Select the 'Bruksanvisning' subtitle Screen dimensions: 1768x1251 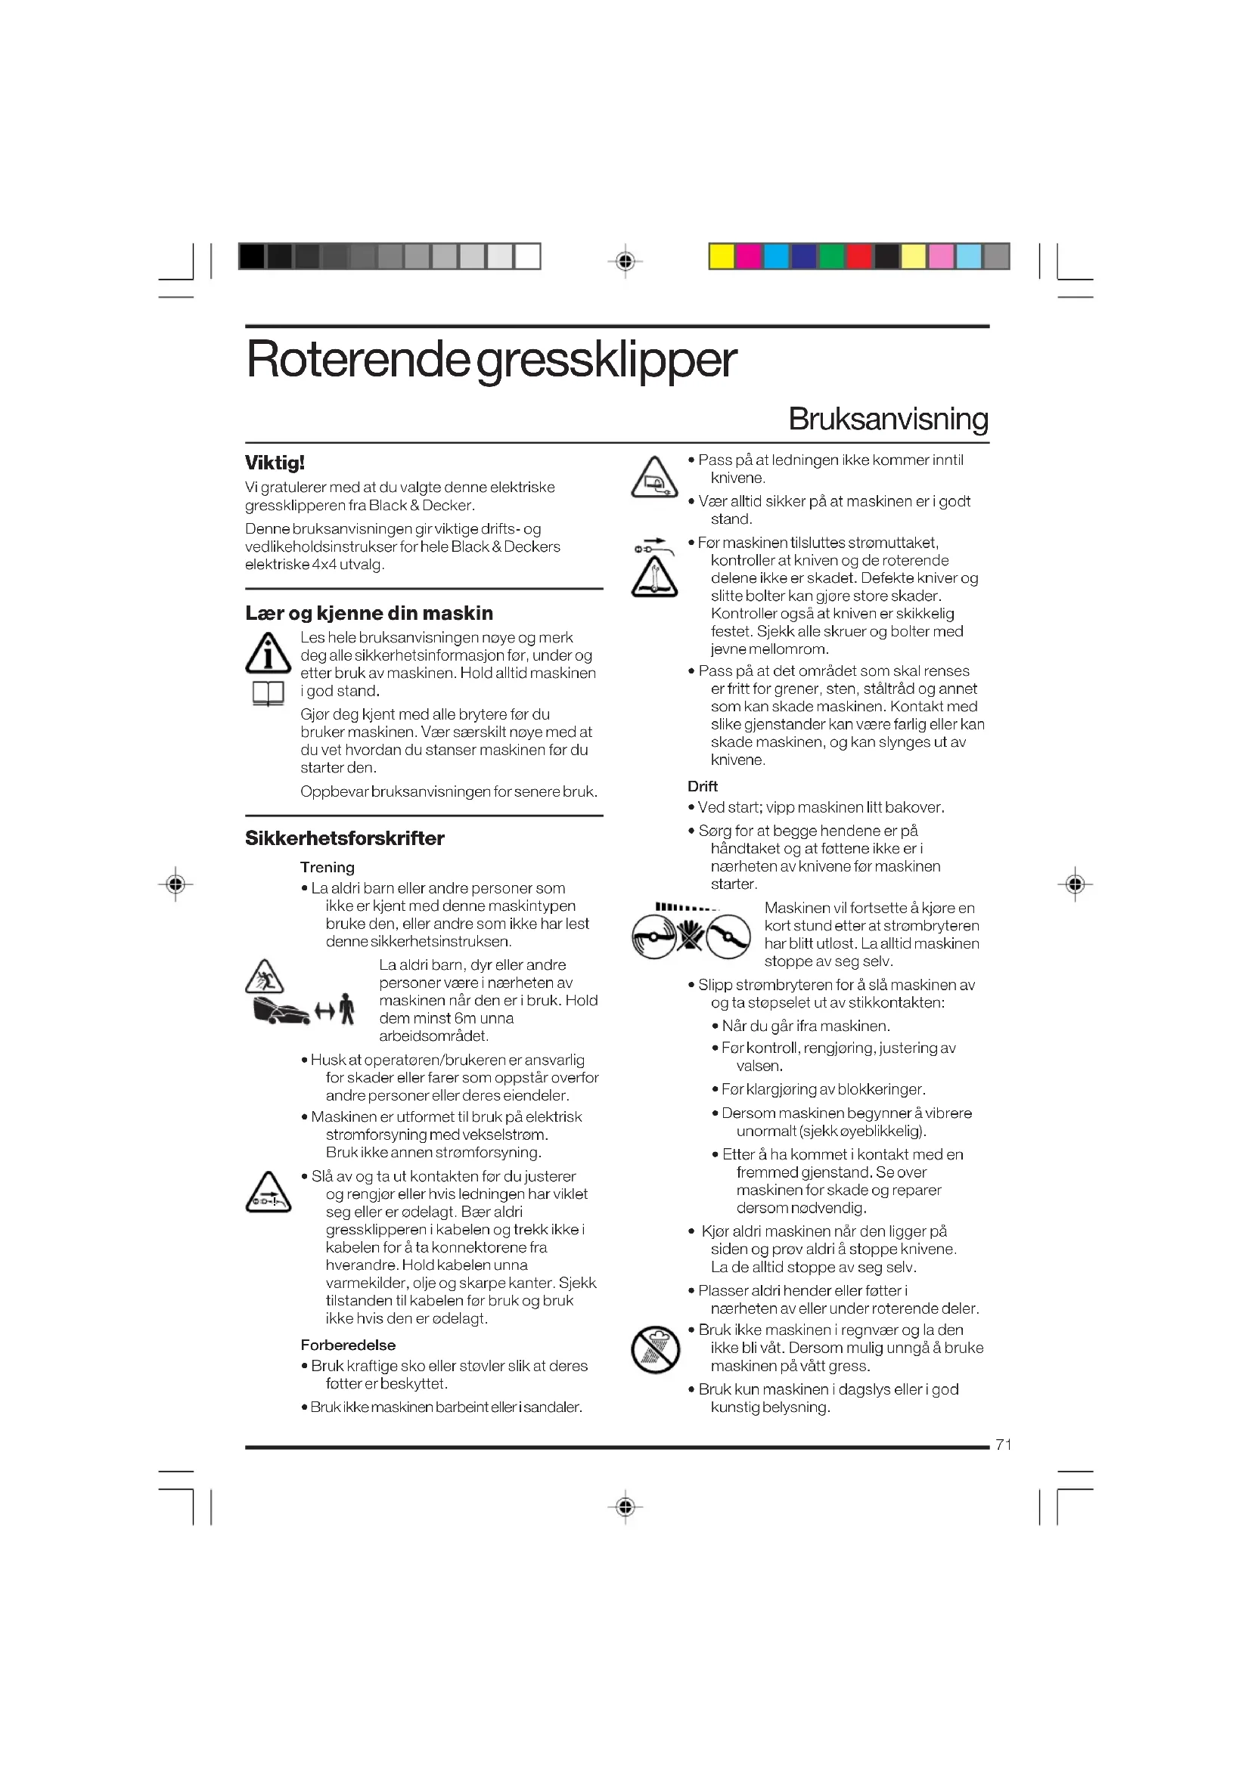pos(887,419)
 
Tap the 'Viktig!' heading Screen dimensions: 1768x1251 pos(275,463)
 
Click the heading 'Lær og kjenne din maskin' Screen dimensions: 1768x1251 pos(368,613)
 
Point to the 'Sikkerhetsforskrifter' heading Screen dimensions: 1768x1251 pos(344,838)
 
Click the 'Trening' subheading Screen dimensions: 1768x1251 pos(327,867)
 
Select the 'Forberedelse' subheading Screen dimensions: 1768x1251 pos(347,1345)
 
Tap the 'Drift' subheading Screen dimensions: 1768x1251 pos(703,786)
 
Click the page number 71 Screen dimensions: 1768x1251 pos(1003,1444)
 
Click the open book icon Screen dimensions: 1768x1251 pos(268,694)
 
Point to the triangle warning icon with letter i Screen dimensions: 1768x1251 pos(267,653)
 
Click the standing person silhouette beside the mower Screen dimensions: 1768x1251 pos(347,1009)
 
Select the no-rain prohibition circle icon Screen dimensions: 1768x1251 pos(655,1350)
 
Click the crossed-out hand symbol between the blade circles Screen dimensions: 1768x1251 pos(691,936)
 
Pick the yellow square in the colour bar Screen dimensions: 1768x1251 pos(721,256)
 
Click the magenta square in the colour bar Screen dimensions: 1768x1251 pos(749,256)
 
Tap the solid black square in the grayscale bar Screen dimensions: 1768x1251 pos(252,256)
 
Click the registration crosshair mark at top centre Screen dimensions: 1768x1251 pos(625,261)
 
